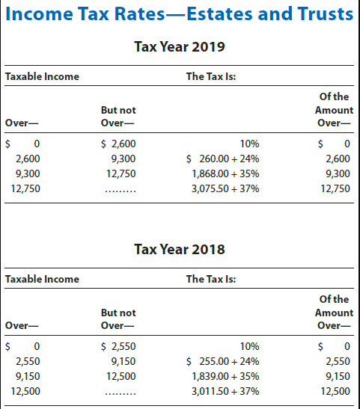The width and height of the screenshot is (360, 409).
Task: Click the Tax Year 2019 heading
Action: click(x=180, y=47)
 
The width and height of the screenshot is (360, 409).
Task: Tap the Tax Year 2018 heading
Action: click(x=180, y=249)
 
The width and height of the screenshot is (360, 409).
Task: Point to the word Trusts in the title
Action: click(x=323, y=13)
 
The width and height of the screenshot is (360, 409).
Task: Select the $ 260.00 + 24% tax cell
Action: click(x=222, y=158)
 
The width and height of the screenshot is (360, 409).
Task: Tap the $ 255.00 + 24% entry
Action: click(x=222, y=360)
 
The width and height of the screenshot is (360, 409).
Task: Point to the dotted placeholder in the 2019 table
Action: click(x=120, y=190)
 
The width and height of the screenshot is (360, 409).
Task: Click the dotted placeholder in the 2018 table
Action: click(x=120, y=392)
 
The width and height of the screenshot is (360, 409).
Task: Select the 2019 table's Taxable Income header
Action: click(x=42, y=76)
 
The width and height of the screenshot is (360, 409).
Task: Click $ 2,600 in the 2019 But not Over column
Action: click(x=118, y=143)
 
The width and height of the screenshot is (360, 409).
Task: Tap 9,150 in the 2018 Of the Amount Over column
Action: click(x=336, y=375)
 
